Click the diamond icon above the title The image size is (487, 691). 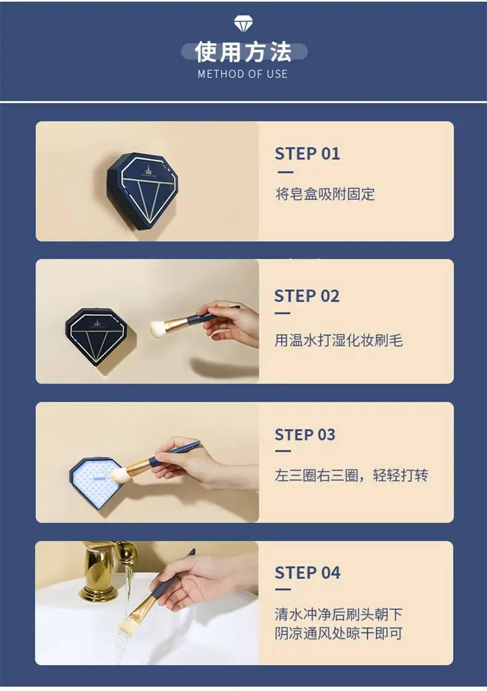click(243, 23)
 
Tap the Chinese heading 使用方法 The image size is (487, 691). click(243, 52)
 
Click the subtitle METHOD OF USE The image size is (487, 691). click(243, 74)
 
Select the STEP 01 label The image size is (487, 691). click(308, 154)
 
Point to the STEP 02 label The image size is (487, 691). click(307, 296)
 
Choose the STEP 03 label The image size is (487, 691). click(305, 434)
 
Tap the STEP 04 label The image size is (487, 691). click(308, 573)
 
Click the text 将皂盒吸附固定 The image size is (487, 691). click(325, 194)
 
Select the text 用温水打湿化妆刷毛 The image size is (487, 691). click(338, 340)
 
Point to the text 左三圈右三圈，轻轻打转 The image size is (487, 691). click(351, 475)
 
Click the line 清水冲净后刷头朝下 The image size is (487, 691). click(338, 614)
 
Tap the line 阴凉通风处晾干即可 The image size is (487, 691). click(338, 633)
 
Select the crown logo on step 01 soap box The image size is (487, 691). click(149, 170)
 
